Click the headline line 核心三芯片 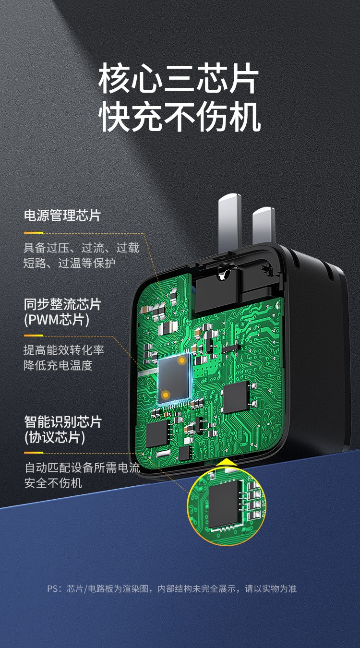coord(179,80)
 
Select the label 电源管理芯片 coord(62,215)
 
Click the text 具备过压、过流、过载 coord(81,248)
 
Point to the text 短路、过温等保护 coord(70,263)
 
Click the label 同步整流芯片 coord(62,304)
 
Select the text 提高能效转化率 coord(64,350)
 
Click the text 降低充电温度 coord(58,365)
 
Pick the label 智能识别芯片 coord(62,422)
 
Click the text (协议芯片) coord(55,438)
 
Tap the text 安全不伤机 coord(53,483)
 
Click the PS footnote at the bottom coord(172,588)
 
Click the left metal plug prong coord(229,221)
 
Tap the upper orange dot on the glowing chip coord(182,360)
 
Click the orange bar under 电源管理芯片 coord(34,233)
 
